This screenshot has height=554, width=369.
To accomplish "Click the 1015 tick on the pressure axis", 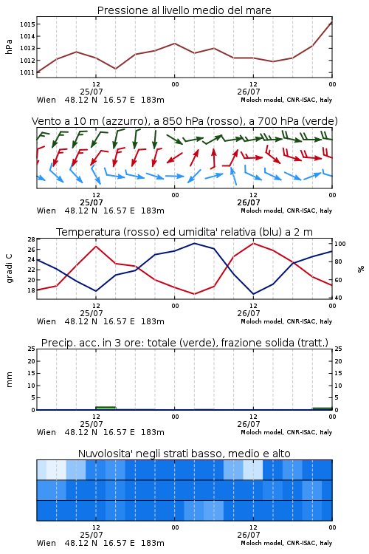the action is pos(27,24).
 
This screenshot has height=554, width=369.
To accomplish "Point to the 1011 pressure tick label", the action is pos(27,72).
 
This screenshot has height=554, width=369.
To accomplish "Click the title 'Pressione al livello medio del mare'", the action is pos(184,10).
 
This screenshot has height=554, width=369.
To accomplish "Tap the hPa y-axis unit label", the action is pos(9,47).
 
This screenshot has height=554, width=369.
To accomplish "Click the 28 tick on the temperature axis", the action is pos(32,239).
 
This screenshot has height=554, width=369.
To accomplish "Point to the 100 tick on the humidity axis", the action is pos(340,244).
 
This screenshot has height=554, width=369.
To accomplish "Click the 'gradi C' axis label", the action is pos(9,269).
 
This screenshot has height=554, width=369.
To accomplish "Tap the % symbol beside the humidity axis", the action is pos(361,269).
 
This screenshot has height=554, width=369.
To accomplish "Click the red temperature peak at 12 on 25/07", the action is pos(96,246).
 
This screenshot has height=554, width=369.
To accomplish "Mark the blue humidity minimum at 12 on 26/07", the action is pos(253,294).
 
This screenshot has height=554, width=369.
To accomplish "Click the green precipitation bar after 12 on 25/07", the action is pos(106,408).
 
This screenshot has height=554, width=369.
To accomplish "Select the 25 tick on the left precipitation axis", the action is pos(32,349).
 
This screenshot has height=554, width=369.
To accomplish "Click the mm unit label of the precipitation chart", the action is pos(9,380).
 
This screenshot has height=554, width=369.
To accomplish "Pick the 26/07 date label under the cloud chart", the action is pos(249,535).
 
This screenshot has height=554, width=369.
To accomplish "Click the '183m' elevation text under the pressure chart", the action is pos(153,100).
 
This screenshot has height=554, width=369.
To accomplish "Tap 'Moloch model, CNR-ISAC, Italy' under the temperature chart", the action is pos(286,321).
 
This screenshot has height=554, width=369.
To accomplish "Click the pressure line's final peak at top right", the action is pos(332,22).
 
